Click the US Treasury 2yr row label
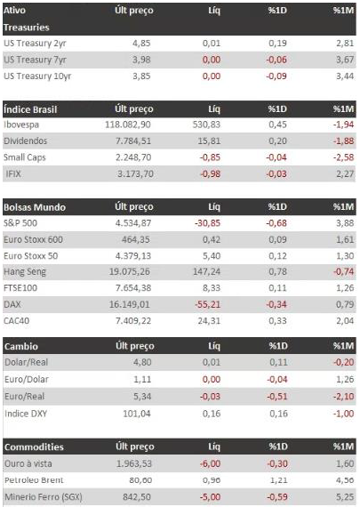(35, 44)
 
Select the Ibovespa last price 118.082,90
(128, 125)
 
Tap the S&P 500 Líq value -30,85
(207, 223)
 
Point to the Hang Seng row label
(25, 272)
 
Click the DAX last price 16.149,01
(129, 304)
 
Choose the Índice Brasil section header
(30, 109)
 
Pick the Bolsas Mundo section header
(35, 207)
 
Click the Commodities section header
(34, 447)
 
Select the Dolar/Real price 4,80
(142, 362)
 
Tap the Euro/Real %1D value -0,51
(277, 397)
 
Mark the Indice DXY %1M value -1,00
(343, 414)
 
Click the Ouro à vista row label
(28, 463)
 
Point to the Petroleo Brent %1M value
(345, 480)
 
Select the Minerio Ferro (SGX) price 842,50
(137, 497)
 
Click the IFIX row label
(13, 174)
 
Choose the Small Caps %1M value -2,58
(343, 157)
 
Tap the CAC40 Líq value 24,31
(209, 321)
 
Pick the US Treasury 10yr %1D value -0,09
(276, 76)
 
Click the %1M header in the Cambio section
(343, 346)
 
